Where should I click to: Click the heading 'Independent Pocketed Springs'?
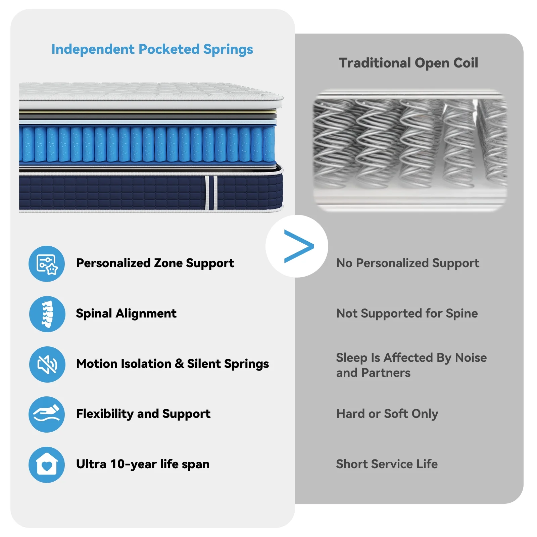(x=152, y=49)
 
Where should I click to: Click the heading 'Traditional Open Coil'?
(x=408, y=63)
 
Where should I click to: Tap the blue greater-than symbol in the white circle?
(x=298, y=246)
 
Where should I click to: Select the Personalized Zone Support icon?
(x=47, y=264)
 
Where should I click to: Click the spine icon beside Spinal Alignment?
(x=47, y=314)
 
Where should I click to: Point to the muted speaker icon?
(x=47, y=364)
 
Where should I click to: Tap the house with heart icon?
(x=47, y=465)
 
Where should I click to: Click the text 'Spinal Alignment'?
(x=126, y=313)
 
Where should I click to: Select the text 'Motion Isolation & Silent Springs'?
(x=173, y=364)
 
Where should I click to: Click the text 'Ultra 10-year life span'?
(x=143, y=464)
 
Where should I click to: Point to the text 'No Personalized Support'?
(x=407, y=263)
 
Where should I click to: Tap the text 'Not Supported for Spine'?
(x=407, y=313)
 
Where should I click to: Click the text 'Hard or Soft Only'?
(x=387, y=414)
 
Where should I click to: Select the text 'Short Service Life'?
(x=387, y=464)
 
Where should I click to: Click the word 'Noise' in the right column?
(x=471, y=358)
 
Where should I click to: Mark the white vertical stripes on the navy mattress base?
(x=211, y=193)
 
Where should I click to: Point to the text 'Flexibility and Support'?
(x=143, y=414)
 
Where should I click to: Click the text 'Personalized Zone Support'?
(x=155, y=263)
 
